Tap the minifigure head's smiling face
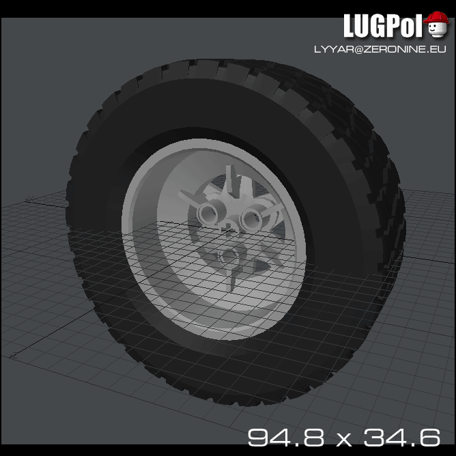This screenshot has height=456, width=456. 437,31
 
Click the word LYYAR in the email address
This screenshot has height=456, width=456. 329,50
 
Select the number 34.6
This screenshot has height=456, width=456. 401,436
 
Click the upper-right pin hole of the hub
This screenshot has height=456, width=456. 250,219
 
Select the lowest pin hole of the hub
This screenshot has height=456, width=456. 228,257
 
